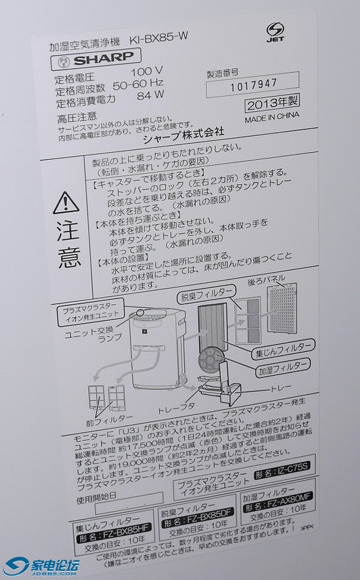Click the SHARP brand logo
click(x=98, y=61)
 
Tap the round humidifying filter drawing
click(x=213, y=358)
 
